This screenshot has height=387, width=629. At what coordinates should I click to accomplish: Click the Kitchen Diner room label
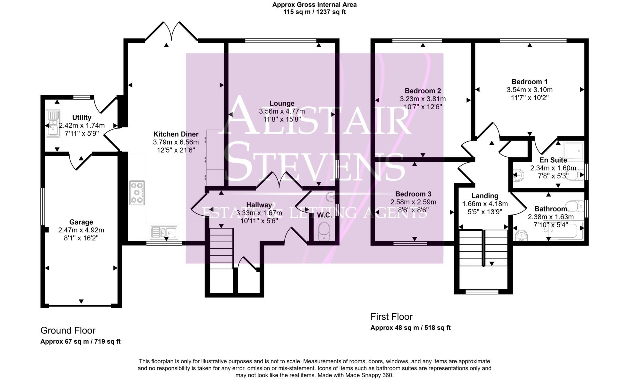pos(176,134)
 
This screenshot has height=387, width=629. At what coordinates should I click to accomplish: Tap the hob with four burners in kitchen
pos(137,193)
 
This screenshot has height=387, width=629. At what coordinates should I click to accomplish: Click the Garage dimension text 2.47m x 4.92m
pos(81,230)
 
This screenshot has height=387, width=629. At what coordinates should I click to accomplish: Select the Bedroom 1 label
pos(529,82)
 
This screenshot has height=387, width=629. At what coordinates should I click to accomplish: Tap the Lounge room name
pos(282,103)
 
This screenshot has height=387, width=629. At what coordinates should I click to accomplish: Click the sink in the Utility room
pos(53,123)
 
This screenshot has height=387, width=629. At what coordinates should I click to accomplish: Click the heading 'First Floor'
pos(391,317)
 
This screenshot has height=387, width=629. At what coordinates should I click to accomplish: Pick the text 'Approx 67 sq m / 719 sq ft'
pos(80,342)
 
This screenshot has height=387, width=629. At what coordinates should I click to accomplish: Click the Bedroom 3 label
pos(413,194)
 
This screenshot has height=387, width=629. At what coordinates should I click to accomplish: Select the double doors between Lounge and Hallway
pos(279,181)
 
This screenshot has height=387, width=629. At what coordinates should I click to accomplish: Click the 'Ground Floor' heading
pos(68,330)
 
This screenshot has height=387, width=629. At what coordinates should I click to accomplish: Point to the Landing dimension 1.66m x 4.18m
pos(485,204)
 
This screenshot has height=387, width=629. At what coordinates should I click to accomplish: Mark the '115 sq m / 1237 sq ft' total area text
pos(314,12)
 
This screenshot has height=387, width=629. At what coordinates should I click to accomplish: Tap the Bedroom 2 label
pos(423,91)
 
